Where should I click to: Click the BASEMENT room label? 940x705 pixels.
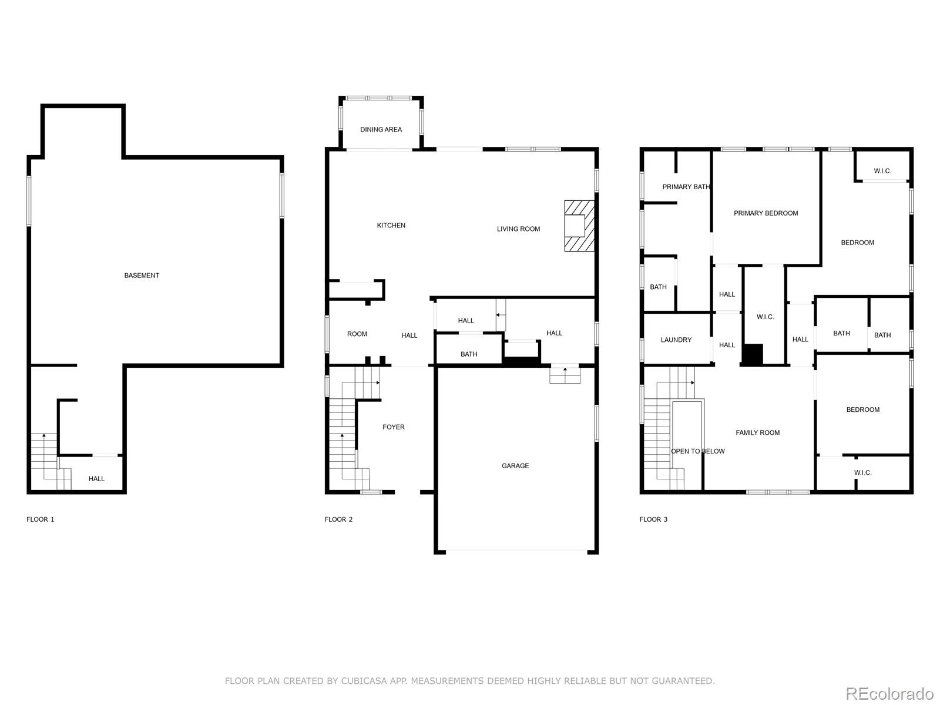coord(142,276)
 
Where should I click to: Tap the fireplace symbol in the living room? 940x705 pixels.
coord(578,226)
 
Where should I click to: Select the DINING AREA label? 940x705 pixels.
coord(381,129)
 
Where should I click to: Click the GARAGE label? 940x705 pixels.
coord(515,466)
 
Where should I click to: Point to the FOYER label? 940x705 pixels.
coord(394,427)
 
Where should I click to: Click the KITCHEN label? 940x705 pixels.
coord(391,226)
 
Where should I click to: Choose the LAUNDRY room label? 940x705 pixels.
coord(676,340)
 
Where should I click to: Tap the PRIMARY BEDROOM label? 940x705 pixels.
coord(766,213)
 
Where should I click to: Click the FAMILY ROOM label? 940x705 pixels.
coord(757,433)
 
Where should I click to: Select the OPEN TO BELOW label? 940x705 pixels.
coord(697,451)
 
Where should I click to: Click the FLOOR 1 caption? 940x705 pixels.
coord(41,519)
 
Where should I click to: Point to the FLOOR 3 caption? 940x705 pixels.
coord(653,519)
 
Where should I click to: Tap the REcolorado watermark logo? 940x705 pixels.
coord(889,693)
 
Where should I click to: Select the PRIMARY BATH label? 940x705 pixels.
coord(686,187)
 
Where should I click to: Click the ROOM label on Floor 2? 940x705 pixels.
coord(357,334)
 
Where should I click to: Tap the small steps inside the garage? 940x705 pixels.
coord(565,374)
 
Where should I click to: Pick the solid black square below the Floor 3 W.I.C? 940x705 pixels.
coord(752,354)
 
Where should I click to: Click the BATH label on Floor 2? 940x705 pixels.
coord(469,354)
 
